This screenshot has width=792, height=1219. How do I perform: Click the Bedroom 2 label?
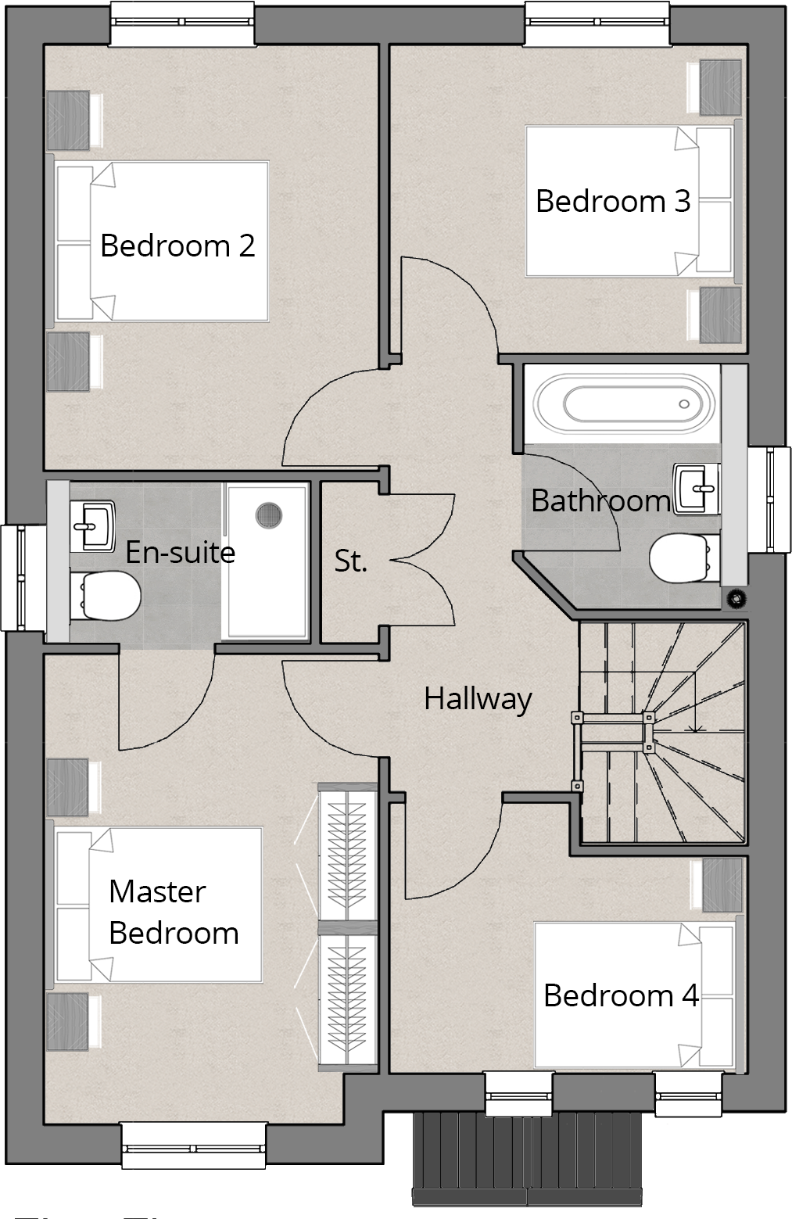coord(177,246)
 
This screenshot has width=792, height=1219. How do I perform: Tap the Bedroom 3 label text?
coord(612,201)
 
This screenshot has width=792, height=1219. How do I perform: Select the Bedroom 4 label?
coord(621,995)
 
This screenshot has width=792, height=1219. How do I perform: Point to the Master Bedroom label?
coord(173,912)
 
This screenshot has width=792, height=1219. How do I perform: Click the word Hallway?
coord(478,698)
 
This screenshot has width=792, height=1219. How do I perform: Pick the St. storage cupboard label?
coord(350,561)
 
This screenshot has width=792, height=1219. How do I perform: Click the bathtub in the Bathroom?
coord(623,404)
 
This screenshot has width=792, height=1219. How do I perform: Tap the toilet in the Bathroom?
coord(677,558)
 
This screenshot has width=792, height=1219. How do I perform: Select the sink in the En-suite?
coord(93,523)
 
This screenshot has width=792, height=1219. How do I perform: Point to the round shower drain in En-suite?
coord(268,514)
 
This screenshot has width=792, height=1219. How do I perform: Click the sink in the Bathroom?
coord(696,489)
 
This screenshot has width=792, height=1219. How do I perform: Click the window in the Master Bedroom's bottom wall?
coord(194,1146)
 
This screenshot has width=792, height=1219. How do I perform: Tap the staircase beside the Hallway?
coord(663,733)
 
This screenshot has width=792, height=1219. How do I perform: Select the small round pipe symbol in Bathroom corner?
coord(734,599)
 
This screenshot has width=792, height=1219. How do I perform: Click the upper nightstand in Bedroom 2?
coord(69,120)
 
